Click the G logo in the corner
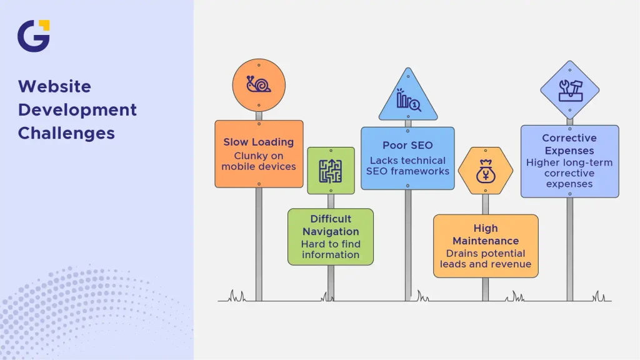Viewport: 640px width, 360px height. pyautogui.click(x=34, y=36)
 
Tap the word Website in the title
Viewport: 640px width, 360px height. pyautogui.click(x=54, y=86)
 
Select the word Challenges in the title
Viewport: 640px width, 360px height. pyautogui.click(x=66, y=134)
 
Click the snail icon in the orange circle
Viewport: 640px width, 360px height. pyautogui.click(x=258, y=84)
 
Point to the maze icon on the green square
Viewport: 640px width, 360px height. pyautogui.click(x=331, y=171)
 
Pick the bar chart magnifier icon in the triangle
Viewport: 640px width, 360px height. pyautogui.click(x=408, y=99)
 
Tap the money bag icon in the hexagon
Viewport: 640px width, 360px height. pyautogui.click(x=486, y=171)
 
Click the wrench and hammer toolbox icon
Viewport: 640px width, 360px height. pyautogui.click(x=570, y=91)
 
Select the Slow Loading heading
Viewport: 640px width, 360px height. pyautogui.click(x=258, y=142)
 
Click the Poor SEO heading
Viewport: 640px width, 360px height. pyautogui.click(x=407, y=145)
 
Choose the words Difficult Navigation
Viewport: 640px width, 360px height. pyautogui.click(x=331, y=225)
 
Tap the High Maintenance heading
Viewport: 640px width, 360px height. pyautogui.click(x=486, y=234)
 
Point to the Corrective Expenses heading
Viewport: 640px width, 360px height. pyautogui.click(x=569, y=144)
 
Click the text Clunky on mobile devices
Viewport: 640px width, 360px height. pyautogui.click(x=259, y=161)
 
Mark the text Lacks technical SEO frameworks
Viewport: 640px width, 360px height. pyautogui.click(x=407, y=166)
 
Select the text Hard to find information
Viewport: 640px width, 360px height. pyautogui.click(x=331, y=249)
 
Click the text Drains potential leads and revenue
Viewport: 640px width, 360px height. pyautogui.click(x=486, y=259)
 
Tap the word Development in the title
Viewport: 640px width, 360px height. pyautogui.click(x=77, y=110)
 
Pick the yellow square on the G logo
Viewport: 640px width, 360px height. pyautogui.click(x=44, y=25)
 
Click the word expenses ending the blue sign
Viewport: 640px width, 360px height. pyautogui.click(x=569, y=184)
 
